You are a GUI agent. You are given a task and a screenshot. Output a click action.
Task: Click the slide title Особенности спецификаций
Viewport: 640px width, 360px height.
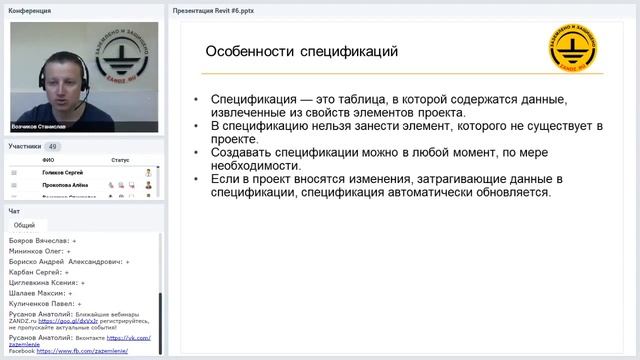tap(301, 51)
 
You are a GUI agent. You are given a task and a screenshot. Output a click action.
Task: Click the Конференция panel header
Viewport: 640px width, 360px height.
tap(30, 10)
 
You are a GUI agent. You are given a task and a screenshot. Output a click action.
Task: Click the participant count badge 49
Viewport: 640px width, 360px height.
tap(53, 146)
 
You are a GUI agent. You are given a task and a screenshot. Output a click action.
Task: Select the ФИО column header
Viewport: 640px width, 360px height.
tap(48, 160)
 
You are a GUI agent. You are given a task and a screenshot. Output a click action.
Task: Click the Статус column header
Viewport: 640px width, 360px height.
tap(120, 160)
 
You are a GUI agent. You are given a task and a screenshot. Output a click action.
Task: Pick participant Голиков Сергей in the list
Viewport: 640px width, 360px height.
tap(65, 172)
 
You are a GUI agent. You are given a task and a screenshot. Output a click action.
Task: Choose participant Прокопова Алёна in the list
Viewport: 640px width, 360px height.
tap(65, 185)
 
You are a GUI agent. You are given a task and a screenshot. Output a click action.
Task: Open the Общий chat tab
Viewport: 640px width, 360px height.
tap(24, 226)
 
